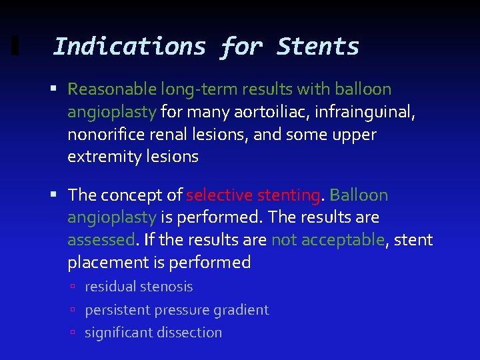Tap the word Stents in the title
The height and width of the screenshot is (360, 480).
[318, 47]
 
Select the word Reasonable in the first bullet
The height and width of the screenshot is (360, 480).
[112, 89]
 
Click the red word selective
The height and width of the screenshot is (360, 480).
[217, 195]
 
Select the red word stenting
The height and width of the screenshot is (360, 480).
[287, 195]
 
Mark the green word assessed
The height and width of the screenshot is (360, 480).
[101, 240]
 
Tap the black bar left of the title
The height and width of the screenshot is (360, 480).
[15, 47]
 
